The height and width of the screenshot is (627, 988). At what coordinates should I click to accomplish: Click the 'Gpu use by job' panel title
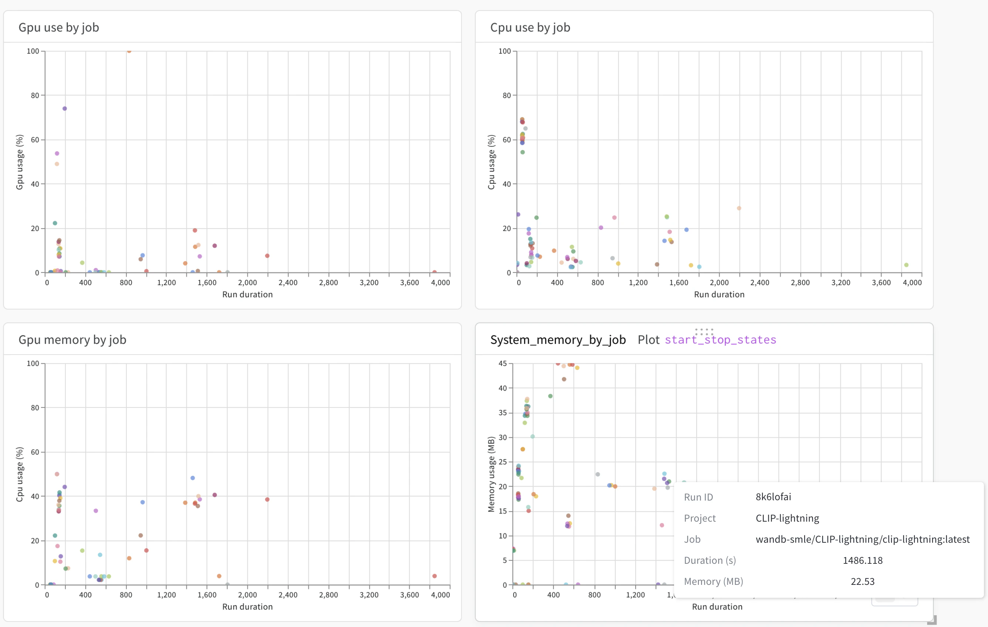pos(59,27)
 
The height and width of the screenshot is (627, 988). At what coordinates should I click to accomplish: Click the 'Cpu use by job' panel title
pos(530,27)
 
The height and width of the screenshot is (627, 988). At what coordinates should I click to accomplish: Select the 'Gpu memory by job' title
pos(72,340)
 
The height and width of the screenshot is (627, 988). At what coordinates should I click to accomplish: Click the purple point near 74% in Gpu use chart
pos(64,109)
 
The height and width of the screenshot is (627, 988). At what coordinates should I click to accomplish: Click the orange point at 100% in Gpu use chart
pos(129,51)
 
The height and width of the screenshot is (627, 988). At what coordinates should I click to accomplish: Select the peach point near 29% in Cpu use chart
pos(739,209)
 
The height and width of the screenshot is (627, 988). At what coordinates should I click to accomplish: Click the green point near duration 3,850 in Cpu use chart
pos(906,265)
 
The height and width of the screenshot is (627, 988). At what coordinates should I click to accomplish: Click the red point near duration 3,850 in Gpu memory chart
pos(434,576)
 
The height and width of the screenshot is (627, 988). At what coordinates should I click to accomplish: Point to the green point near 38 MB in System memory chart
pos(550,396)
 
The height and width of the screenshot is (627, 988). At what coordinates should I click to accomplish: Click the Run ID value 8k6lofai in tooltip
pos(773,497)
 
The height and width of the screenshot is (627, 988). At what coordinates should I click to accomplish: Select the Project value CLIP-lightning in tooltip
pos(787,518)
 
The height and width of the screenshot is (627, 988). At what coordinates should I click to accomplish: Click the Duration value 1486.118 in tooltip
pos(862,560)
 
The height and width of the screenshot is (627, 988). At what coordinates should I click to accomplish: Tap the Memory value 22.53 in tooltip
pos(862,582)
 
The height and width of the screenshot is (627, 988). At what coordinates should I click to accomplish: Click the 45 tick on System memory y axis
pos(503,363)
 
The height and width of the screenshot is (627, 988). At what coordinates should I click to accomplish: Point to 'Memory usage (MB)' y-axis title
pos(491,474)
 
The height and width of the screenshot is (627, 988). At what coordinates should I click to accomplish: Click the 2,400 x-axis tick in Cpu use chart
pos(759,283)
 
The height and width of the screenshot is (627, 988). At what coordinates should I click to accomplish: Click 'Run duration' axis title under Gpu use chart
pos(247,295)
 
